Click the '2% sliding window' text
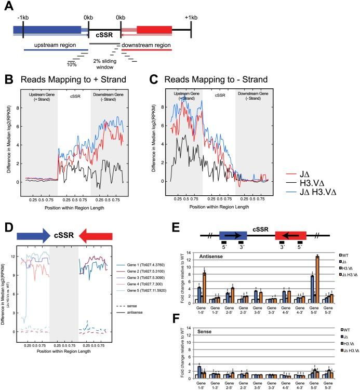coord(104,61)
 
